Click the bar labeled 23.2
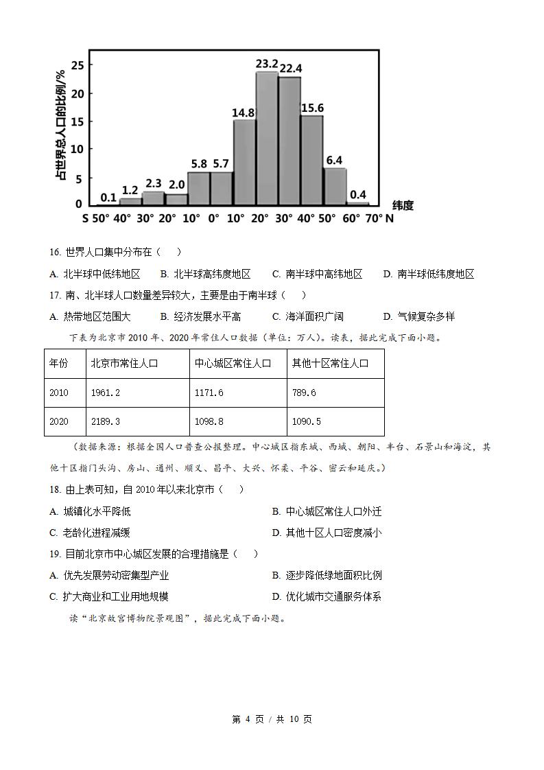coord(267,138)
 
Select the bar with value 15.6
coord(312,160)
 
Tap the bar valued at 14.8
coord(244,162)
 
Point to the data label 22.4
coord(290,69)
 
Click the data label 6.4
coord(334,161)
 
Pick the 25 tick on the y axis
coord(77,65)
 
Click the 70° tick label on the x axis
coord(373,218)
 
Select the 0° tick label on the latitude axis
coord(213,218)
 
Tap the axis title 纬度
coord(403,205)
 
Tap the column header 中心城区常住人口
coord(233,363)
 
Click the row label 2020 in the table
coord(59,421)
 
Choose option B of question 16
coord(205,274)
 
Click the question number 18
coord(56,489)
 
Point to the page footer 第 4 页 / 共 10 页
coord(272,719)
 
